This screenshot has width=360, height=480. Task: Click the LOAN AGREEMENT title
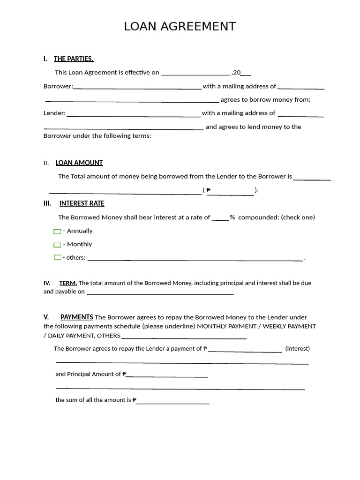pyautogui.click(x=180, y=27)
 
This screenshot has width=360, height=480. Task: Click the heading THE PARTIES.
pyautogui.click(x=74, y=59)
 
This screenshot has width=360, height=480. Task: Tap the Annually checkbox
pyautogui.click(x=57, y=231)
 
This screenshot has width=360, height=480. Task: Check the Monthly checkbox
pyautogui.click(x=57, y=245)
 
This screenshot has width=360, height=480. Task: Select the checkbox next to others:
pyautogui.click(x=57, y=257)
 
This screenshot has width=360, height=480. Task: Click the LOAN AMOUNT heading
pyautogui.click(x=79, y=163)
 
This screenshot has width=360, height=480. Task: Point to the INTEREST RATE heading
pyautogui.click(x=82, y=203)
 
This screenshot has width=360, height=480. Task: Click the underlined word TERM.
pyautogui.click(x=68, y=283)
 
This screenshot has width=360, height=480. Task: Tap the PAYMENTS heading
pyautogui.click(x=77, y=317)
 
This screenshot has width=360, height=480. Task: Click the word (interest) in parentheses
pyautogui.click(x=297, y=349)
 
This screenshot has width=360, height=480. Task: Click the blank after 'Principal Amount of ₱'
pyautogui.click(x=167, y=376)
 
